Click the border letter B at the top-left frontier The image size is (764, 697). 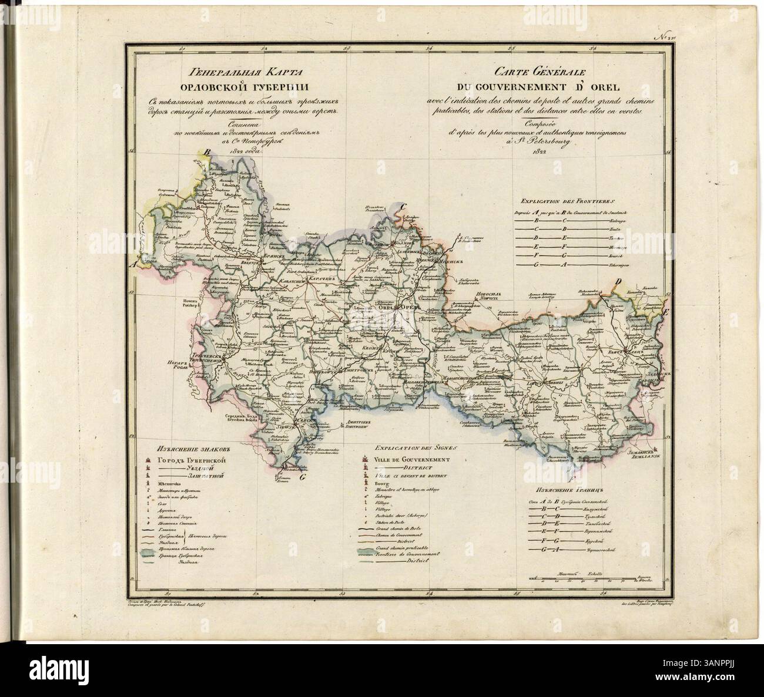click(207, 153)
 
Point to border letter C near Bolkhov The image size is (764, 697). click(402, 207)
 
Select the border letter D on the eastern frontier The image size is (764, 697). click(617, 283)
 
